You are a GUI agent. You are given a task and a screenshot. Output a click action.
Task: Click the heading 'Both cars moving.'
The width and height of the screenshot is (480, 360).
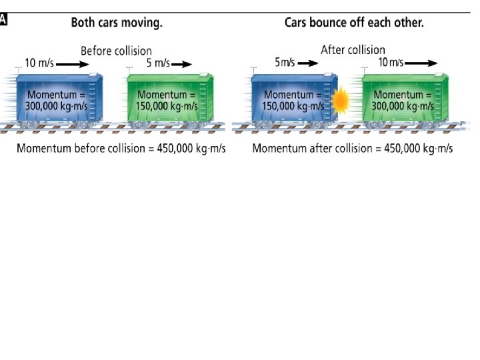(117, 22)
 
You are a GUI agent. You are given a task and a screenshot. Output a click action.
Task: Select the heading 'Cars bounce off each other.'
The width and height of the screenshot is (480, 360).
(354, 22)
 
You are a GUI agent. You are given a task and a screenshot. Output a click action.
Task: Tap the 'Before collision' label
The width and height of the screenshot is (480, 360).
(116, 51)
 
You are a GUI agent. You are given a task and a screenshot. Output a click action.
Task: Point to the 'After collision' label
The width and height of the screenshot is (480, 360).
(353, 49)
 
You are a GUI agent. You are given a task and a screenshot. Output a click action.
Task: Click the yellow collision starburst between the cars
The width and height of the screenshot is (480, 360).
(341, 101)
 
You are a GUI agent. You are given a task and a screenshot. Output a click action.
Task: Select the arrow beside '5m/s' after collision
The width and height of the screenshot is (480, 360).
(307, 63)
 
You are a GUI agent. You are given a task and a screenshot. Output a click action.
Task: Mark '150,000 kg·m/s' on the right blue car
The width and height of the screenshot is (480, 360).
(295, 105)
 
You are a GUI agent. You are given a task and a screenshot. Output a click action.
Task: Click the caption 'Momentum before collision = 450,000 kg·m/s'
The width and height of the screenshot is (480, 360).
(121, 148)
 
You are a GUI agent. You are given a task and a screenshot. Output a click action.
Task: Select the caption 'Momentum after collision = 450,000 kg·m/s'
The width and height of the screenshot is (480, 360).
(353, 148)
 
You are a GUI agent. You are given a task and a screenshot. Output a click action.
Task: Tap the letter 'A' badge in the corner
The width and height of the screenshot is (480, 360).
(4, 20)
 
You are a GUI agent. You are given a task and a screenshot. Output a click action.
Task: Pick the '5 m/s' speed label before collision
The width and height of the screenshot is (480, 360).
(158, 64)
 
